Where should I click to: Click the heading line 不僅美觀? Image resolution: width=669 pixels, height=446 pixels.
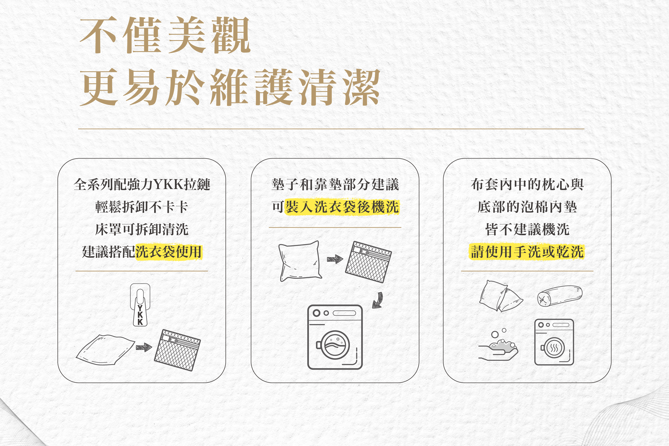165,35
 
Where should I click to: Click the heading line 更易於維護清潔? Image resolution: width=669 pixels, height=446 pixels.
230,87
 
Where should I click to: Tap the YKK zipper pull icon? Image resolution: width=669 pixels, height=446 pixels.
140,305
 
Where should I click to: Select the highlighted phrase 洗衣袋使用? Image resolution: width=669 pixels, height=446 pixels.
169,252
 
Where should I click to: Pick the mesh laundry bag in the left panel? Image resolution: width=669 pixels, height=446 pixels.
177,350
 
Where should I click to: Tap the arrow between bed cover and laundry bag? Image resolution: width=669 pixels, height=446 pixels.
144,347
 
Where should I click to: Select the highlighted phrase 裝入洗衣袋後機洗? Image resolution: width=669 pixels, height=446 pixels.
342,207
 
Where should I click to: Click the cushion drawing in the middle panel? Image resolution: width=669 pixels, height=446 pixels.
300,261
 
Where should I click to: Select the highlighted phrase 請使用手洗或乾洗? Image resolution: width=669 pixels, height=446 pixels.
527,252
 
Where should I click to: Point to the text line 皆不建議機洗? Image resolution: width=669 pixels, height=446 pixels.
527,229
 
